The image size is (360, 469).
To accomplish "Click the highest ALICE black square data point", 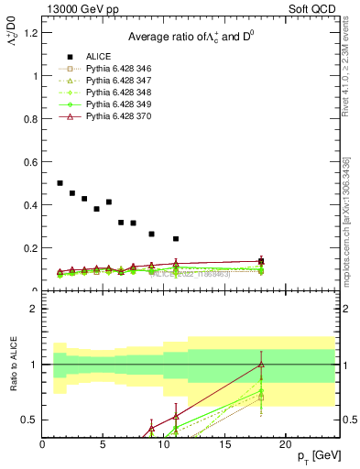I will (x=60, y=183).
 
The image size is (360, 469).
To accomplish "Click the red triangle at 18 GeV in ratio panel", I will (x=261, y=365).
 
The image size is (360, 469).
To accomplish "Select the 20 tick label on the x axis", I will (x=285, y=444).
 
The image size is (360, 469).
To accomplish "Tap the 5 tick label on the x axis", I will (x=104, y=444).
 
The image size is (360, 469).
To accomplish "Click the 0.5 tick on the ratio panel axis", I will (x=32, y=420).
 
